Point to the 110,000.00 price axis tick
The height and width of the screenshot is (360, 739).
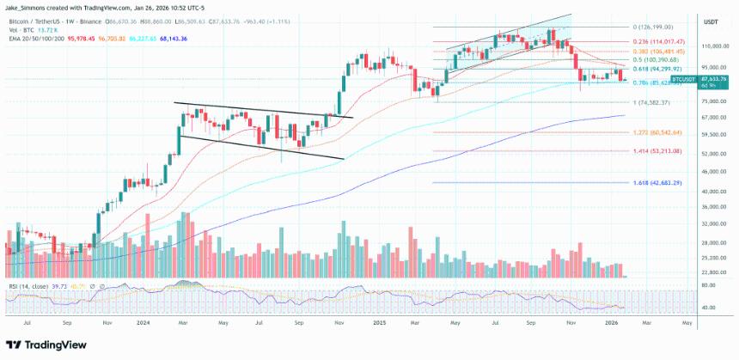click(x=716, y=46)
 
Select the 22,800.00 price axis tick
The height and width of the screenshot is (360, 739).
click(x=715, y=272)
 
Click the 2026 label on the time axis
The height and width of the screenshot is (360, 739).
click(x=612, y=323)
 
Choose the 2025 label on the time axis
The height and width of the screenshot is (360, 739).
click(x=379, y=323)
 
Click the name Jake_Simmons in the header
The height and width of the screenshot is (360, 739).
click(x=30, y=5)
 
